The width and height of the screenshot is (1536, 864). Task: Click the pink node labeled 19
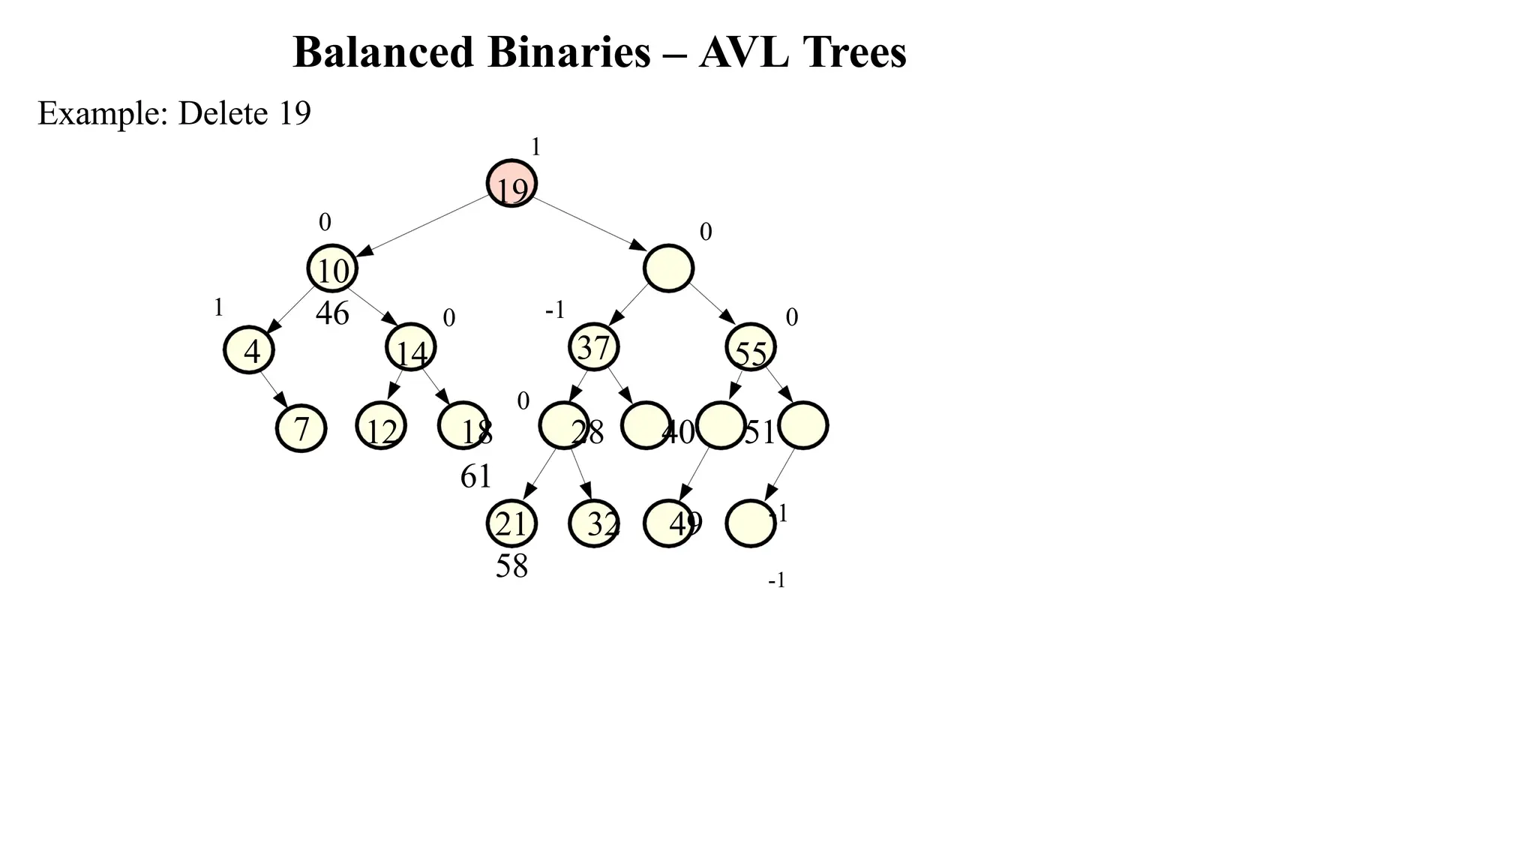tap(511, 184)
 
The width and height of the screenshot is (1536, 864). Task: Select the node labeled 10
tap(332, 268)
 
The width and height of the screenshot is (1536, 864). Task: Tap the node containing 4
tap(249, 349)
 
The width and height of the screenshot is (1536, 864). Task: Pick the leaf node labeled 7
tap(301, 428)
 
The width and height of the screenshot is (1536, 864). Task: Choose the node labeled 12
tap(381, 427)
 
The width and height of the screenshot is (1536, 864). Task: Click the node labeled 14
tap(411, 348)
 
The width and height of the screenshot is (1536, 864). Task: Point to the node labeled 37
tap(594, 347)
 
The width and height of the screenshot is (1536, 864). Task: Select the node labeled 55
tap(751, 348)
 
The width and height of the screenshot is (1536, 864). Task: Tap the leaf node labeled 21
tap(511, 523)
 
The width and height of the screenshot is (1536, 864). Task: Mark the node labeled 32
tap(594, 523)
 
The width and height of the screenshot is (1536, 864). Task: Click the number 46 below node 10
tap(332, 313)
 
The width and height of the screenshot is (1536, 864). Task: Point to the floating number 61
tap(475, 476)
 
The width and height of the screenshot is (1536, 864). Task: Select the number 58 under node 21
tap(511, 566)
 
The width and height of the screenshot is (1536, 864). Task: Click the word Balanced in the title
tap(382, 52)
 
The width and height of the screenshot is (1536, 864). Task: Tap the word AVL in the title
tap(743, 52)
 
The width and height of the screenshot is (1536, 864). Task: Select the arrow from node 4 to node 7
tap(274, 388)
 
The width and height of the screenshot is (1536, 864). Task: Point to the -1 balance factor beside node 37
tap(554, 310)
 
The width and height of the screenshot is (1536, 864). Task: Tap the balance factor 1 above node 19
tap(535, 147)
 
